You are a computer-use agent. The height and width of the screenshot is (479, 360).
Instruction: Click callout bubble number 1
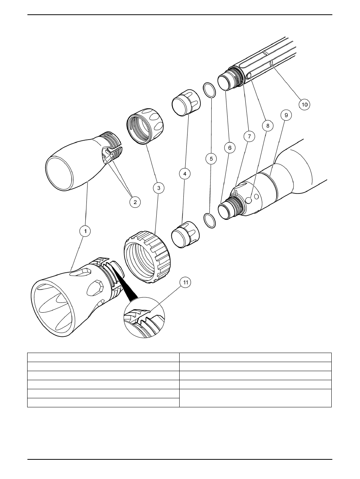(85, 231)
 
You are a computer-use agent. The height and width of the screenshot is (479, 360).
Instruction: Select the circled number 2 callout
(135, 202)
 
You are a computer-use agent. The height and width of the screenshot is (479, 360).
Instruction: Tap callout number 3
(158, 187)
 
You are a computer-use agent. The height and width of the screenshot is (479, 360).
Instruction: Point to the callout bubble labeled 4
(185, 173)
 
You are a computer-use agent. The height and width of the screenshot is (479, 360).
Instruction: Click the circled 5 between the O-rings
(211, 159)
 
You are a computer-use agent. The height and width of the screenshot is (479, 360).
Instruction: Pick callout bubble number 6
(230, 147)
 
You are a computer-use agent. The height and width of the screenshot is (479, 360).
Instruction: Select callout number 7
(249, 136)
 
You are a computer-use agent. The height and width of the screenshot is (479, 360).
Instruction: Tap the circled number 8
(268, 126)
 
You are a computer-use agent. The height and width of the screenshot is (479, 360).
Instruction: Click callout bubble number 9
(286, 115)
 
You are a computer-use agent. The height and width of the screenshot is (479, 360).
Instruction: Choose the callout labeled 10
(304, 104)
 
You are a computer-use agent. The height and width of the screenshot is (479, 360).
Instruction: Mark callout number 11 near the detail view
(185, 282)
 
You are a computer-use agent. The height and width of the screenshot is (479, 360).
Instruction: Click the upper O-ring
(209, 91)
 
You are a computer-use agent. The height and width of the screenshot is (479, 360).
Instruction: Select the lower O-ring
(209, 221)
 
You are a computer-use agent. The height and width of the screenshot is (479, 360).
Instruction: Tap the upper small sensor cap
(185, 102)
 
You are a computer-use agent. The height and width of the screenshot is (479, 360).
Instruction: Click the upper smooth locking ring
(145, 126)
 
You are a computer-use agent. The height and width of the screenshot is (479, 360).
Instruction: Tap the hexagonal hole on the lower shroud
(93, 289)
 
